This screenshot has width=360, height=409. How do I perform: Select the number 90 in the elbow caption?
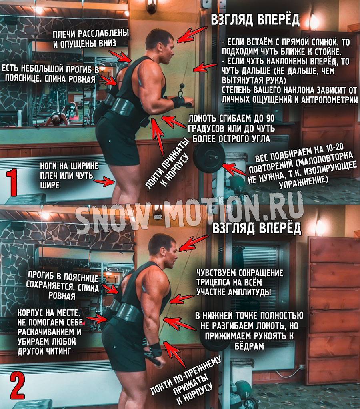270,118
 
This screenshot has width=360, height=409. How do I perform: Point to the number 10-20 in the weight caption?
334,149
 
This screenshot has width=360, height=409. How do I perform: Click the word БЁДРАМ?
249,345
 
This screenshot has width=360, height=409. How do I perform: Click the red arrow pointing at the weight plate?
234,169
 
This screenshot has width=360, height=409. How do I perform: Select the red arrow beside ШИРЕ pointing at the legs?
104,181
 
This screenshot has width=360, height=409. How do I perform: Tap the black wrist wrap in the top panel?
178,102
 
